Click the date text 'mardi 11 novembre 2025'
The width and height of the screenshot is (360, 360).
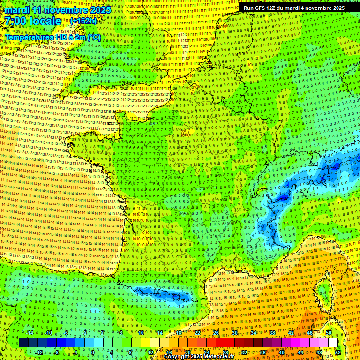pyautogui.click(x=56, y=10)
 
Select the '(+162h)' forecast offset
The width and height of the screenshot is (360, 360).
pyautogui.click(x=83, y=21)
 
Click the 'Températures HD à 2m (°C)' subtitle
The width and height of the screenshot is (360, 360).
pyautogui.click(x=52, y=37)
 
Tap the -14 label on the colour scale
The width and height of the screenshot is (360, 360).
pyautogui.click(x=30, y=333)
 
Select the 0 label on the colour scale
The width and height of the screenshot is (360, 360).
pyautogui.click(x=93, y=352)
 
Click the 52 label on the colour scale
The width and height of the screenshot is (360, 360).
pyautogui.click(x=337, y=352)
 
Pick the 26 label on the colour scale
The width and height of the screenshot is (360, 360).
pyautogui.click(x=216, y=333)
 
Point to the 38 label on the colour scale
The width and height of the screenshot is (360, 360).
pyautogui.click(x=272, y=333)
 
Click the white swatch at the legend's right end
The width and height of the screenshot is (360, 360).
pyautogui.click(x=333, y=343)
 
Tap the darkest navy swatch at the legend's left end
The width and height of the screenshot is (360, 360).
pyautogui.click(x=24, y=343)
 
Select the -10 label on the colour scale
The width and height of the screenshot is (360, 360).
pyautogui.click(x=49, y=333)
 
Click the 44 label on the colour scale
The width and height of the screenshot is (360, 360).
pyautogui.click(x=300, y=352)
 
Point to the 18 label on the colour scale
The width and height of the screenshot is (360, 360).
pyautogui.click(x=179, y=333)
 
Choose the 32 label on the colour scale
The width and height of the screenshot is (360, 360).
pyautogui.click(x=244, y=352)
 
